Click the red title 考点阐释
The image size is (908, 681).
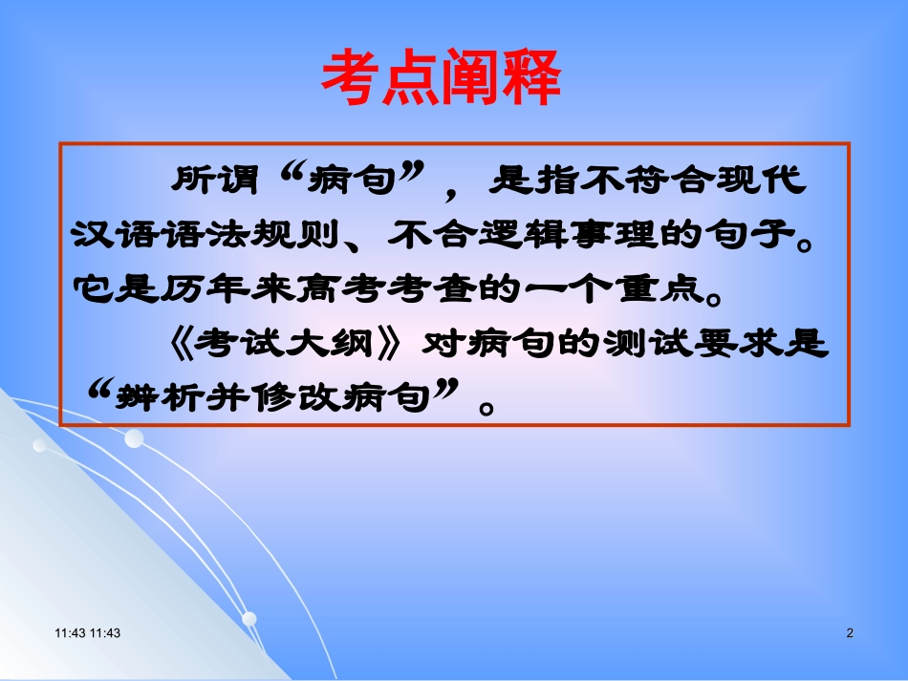pos(440,79)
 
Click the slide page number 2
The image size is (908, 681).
pos(850,633)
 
